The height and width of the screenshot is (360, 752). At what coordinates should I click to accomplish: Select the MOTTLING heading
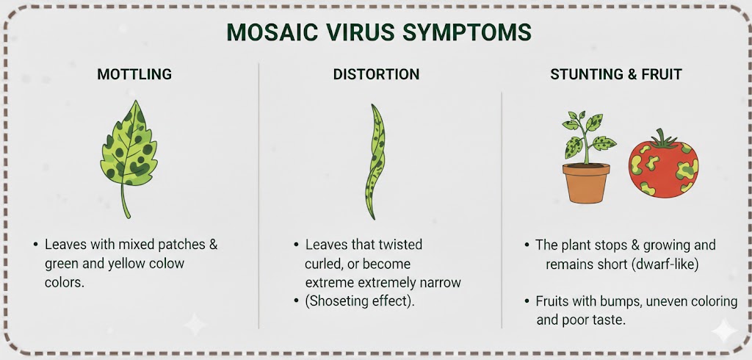coord(134,74)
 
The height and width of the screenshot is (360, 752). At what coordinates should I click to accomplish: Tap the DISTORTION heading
coord(376,74)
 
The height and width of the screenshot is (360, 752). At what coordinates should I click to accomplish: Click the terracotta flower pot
coord(586,183)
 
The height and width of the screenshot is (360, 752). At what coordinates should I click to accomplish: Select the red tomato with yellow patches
coord(663,165)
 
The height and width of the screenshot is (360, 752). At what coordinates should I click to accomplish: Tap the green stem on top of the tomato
coord(664,138)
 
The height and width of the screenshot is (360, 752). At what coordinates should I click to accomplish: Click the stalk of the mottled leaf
coord(125,201)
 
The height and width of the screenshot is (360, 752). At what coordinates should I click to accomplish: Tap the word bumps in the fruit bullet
coord(620,302)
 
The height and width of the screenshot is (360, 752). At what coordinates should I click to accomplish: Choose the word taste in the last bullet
coord(610,320)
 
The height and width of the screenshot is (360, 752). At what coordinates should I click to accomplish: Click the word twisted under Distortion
coord(400,245)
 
